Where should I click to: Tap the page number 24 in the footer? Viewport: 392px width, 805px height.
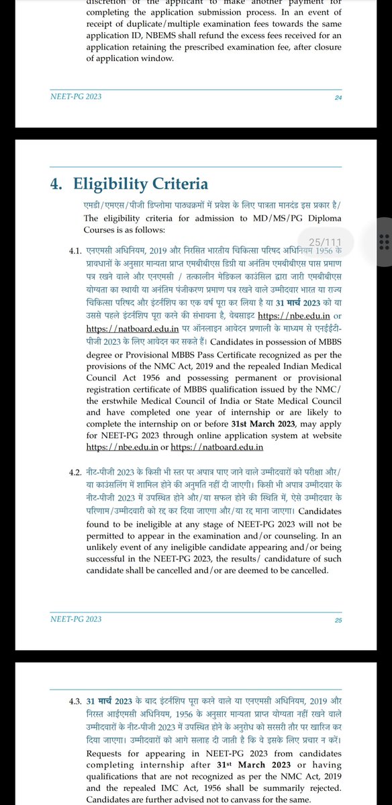click(338, 97)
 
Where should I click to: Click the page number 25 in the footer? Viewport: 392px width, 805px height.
click(338, 620)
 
